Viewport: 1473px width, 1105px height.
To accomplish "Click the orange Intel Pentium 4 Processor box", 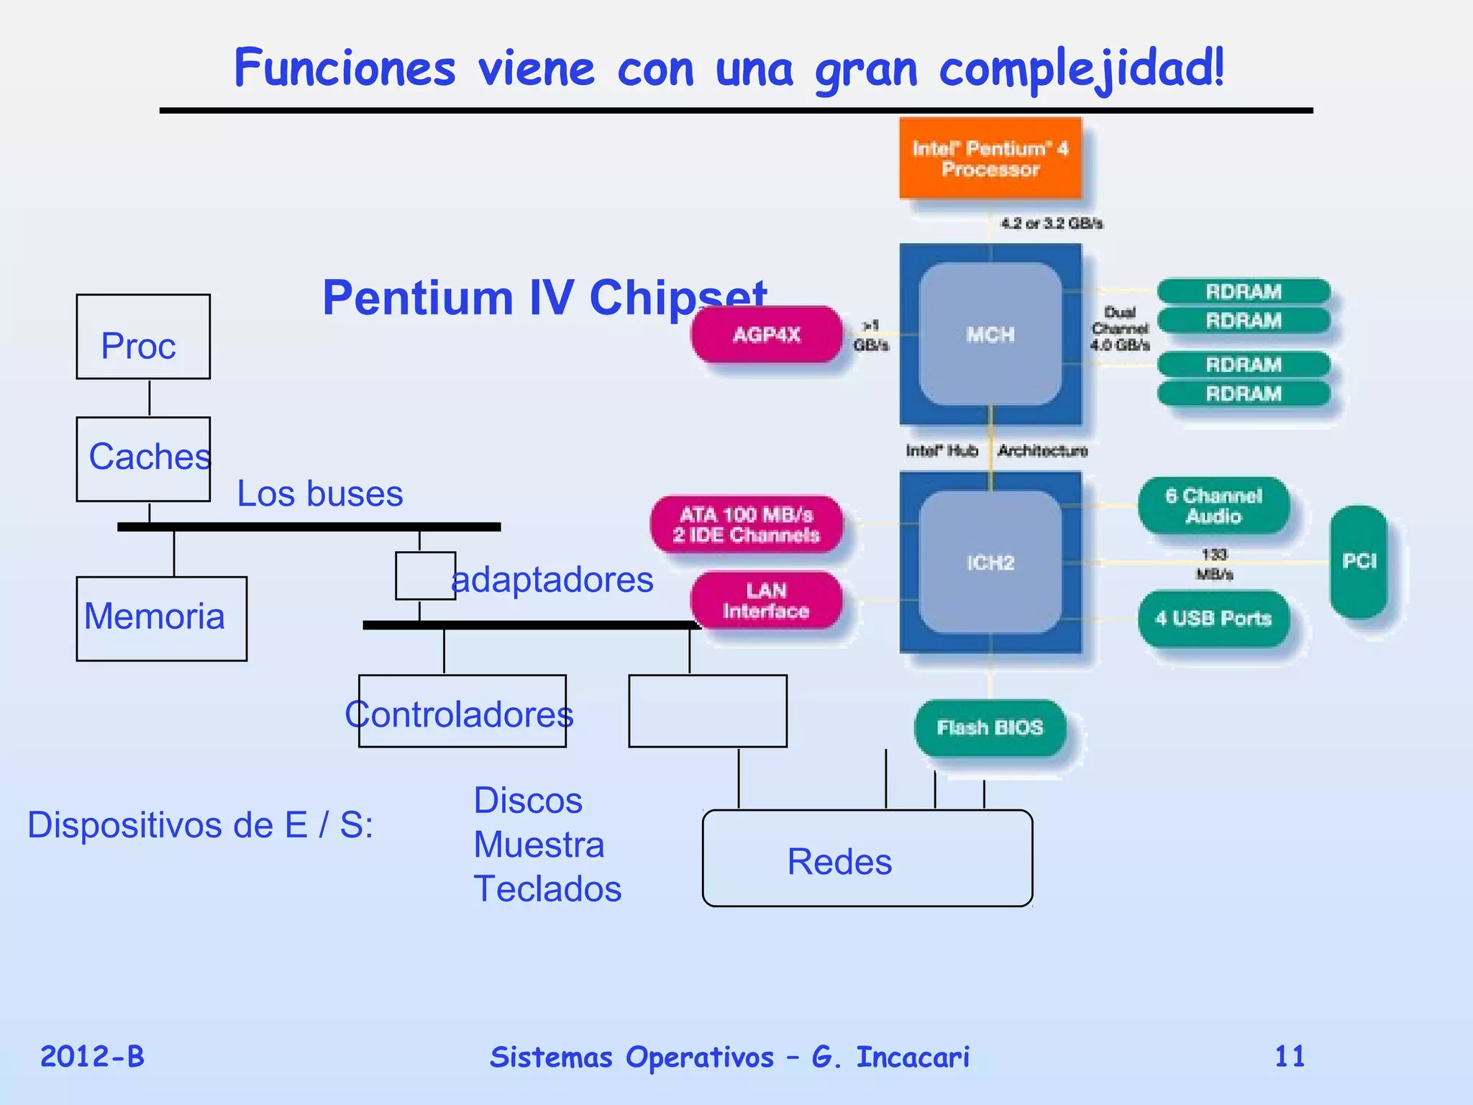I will [990, 158].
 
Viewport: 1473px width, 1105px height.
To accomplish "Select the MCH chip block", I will [990, 335].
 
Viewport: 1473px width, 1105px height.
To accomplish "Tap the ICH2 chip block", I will [990, 563].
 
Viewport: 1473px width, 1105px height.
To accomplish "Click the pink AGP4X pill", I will [767, 335].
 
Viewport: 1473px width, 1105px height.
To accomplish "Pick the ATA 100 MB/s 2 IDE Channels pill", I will [747, 524].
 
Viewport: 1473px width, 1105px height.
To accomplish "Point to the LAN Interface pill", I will [767, 601].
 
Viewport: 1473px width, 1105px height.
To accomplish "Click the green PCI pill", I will [1359, 561].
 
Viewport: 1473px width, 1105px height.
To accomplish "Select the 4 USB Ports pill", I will [1213, 619].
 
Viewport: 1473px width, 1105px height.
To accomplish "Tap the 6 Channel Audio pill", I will [1213, 506].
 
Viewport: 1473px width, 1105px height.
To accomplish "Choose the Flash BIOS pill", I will [990, 728].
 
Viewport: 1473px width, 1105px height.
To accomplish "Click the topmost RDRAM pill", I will [1244, 291].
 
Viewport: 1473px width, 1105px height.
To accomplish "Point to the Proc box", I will [143, 337].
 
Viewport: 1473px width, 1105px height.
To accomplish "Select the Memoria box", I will [161, 618].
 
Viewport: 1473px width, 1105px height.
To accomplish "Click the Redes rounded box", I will [867, 859].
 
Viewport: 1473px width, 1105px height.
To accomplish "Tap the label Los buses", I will [320, 494].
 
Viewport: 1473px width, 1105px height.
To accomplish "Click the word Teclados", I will [547, 889].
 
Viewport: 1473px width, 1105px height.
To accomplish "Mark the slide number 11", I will [1290, 1057].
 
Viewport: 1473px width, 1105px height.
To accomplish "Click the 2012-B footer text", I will [92, 1057].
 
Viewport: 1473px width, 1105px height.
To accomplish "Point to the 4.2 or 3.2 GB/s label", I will [1052, 224].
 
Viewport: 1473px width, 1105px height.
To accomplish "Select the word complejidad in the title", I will [1081, 70].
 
